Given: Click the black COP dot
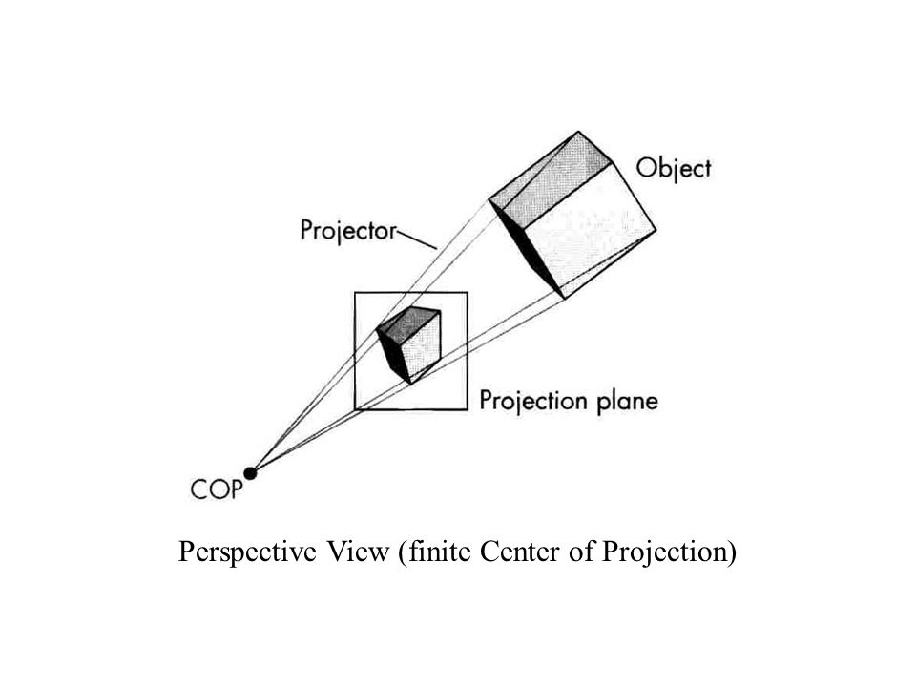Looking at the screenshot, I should coord(251,471).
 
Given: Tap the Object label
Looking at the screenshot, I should coord(674,169).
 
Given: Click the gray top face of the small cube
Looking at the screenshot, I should coord(409,322).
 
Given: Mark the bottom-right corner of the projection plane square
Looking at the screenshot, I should coord(468,410).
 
